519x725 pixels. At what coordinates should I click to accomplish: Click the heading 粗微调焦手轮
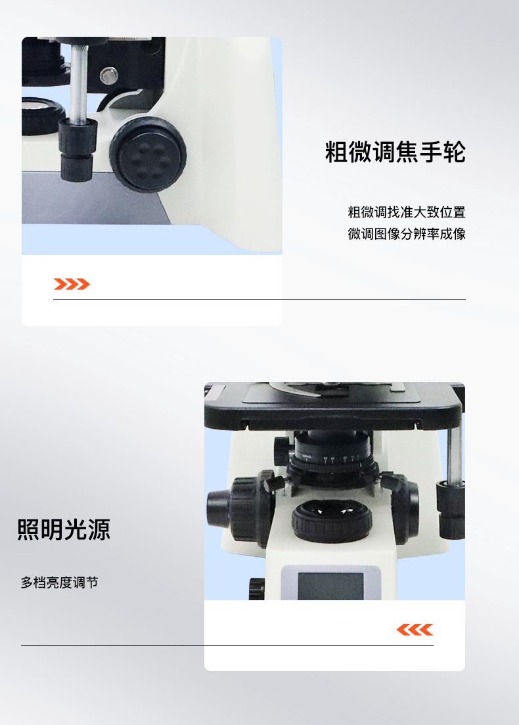(395, 152)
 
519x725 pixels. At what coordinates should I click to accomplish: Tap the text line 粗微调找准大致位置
(407, 212)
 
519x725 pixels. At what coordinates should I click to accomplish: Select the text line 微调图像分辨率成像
(407, 234)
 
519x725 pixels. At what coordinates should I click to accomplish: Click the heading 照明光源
(64, 530)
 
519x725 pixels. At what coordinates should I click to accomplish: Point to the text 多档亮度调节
(60, 582)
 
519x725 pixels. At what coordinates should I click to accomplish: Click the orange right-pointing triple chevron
(72, 284)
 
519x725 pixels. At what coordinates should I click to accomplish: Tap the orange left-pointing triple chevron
(415, 629)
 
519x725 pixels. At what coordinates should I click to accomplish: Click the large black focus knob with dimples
(148, 154)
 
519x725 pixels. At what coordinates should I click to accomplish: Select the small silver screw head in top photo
(108, 76)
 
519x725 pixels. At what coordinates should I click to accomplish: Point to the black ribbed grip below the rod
(78, 149)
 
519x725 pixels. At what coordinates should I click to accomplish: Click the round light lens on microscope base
(332, 521)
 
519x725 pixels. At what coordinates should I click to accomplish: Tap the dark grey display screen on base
(330, 586)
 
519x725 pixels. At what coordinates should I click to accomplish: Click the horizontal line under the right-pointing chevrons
(259, 299)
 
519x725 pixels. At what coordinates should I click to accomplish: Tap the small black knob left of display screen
(257, 588)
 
